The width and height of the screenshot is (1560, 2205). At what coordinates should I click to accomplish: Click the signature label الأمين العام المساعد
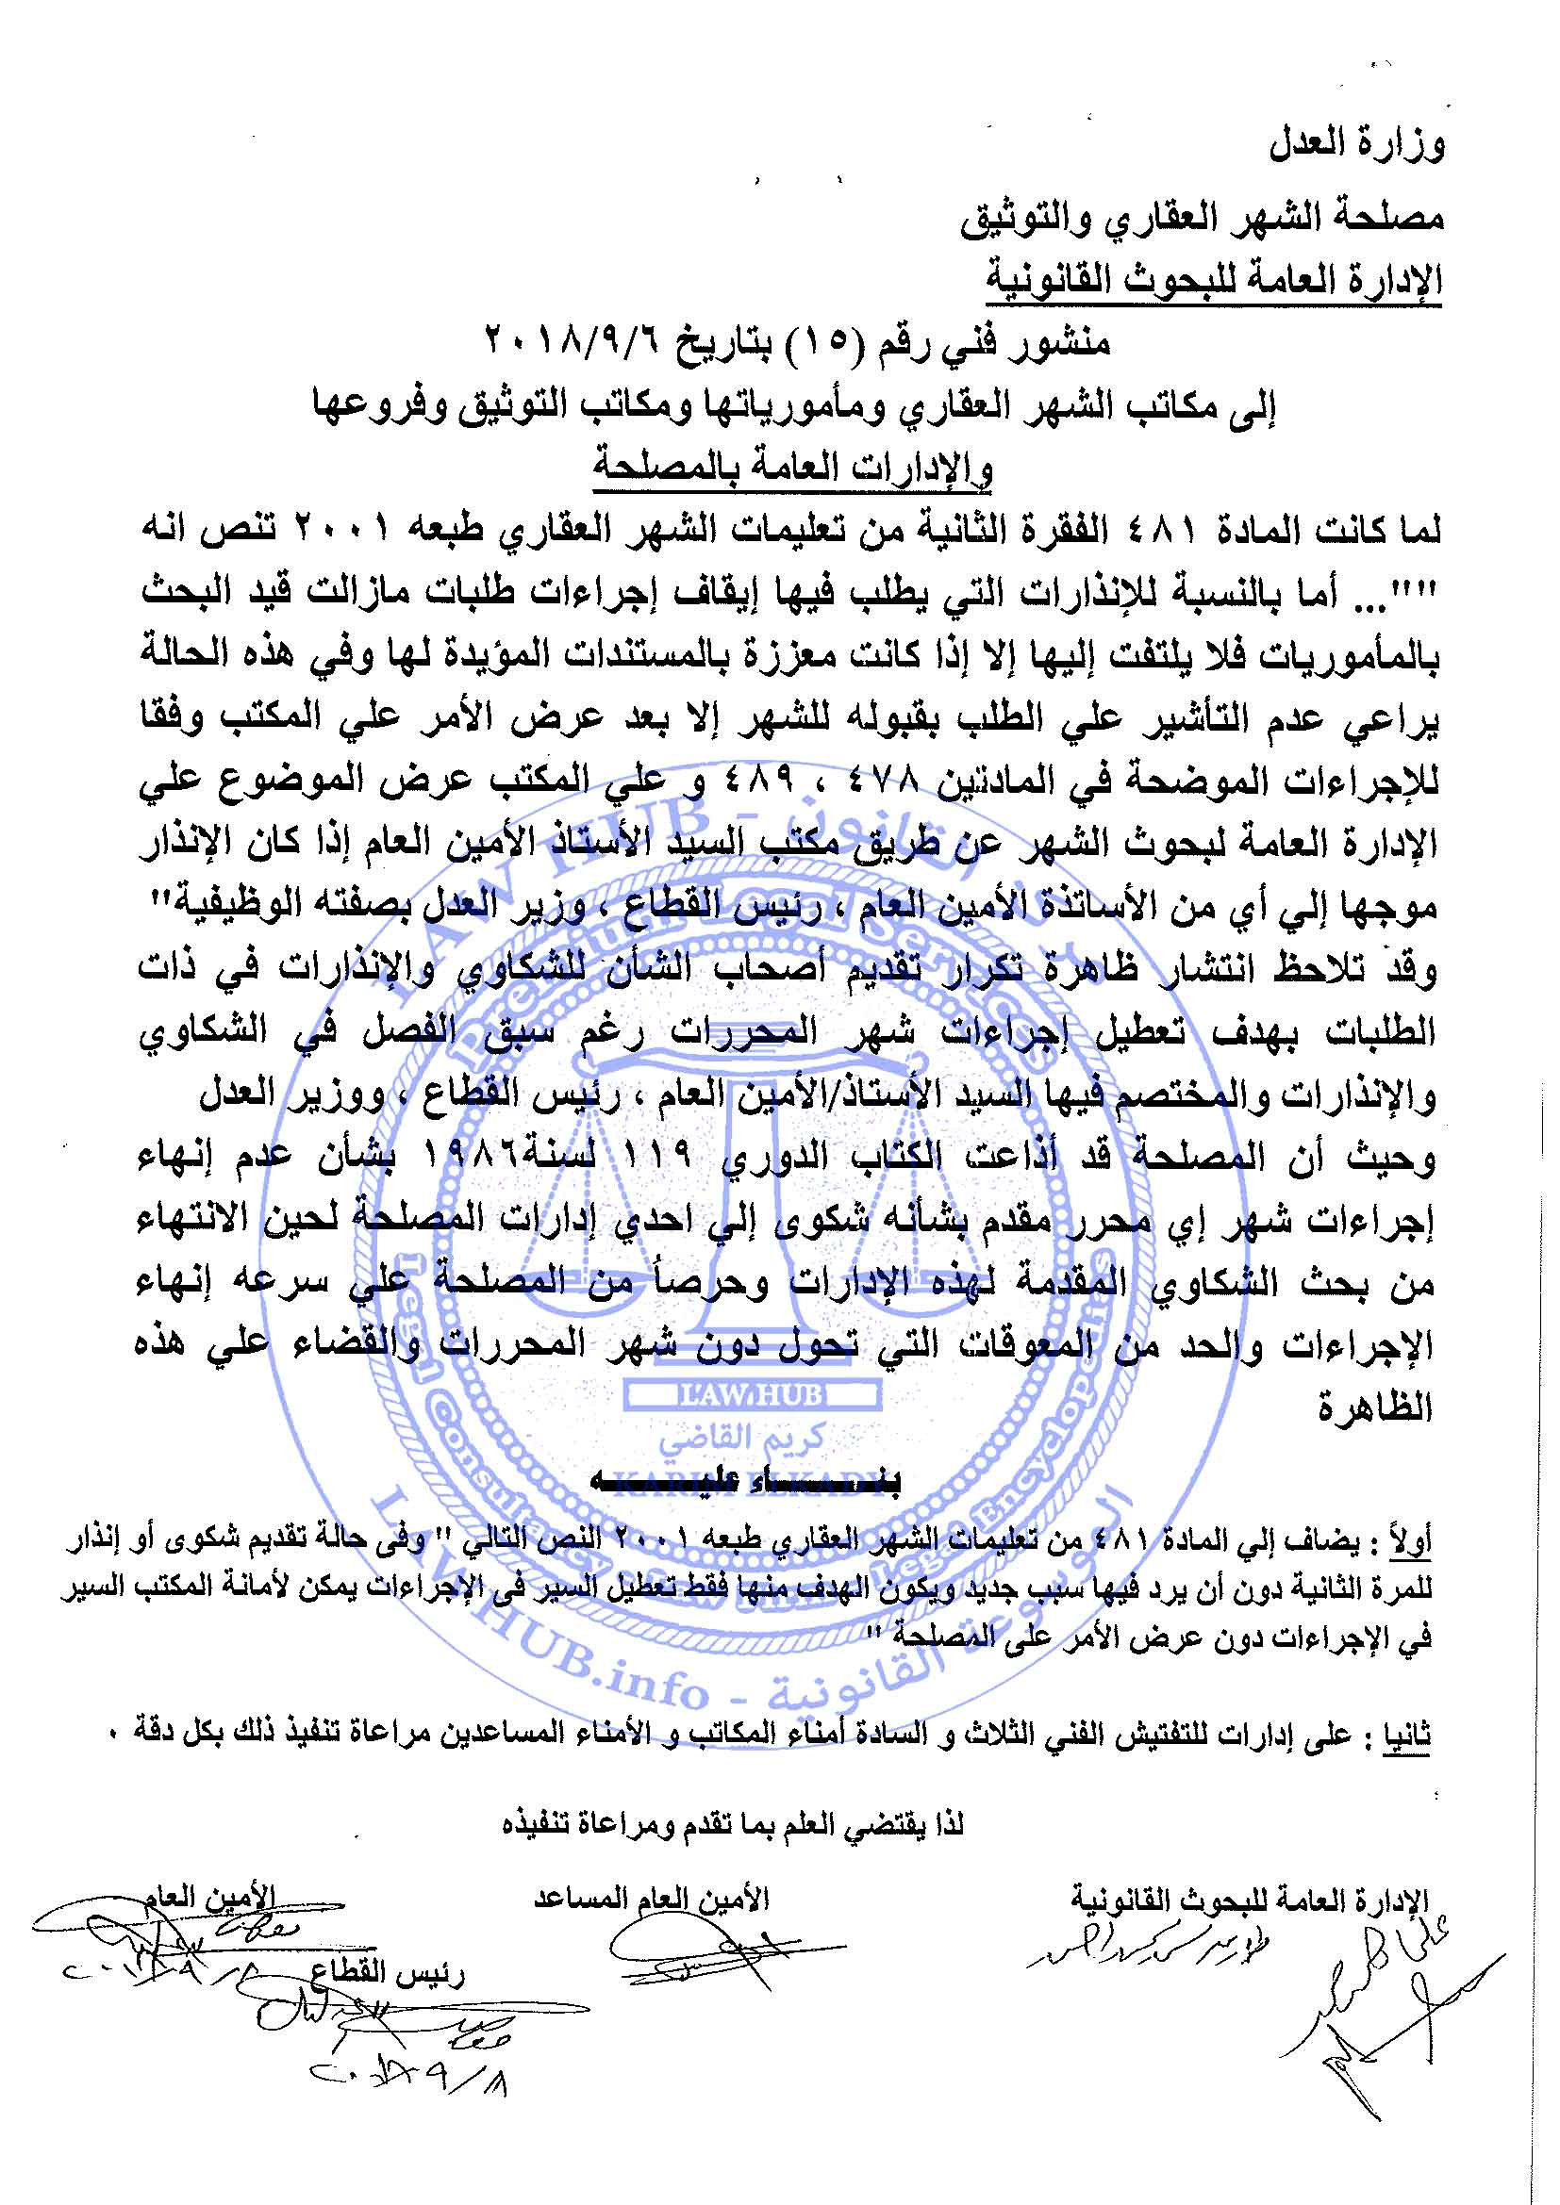click(652, 1898)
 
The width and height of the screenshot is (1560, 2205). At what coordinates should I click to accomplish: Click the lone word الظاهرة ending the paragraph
click(1373, 1408)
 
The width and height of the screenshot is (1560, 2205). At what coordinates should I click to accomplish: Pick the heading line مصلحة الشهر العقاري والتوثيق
click(1201, 219)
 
